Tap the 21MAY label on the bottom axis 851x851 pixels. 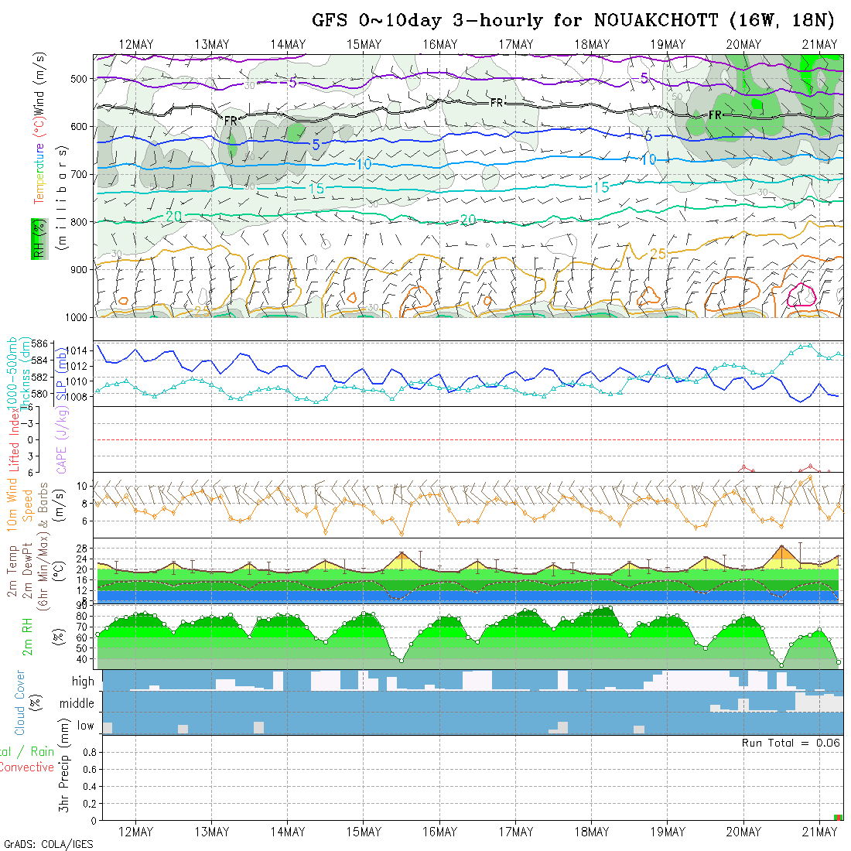click(x=819, y=832)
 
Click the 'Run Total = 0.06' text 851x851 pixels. click(x=791, y=743)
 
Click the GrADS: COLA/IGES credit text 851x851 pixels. click(x=48, y=844)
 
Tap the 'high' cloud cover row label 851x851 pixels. click(x=83, y=682)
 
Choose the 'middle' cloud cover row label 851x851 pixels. click(x=77, y=704)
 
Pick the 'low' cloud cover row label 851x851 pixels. click(x=85, y=726)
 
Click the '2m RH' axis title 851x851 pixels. click(x=28, y=636)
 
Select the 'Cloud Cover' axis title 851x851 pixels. click(x=19, y=702)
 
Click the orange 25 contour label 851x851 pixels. click(x=658, y=254)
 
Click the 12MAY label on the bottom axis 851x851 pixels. click(x=136, y=832)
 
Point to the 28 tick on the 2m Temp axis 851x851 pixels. click(x=87, y=548)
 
